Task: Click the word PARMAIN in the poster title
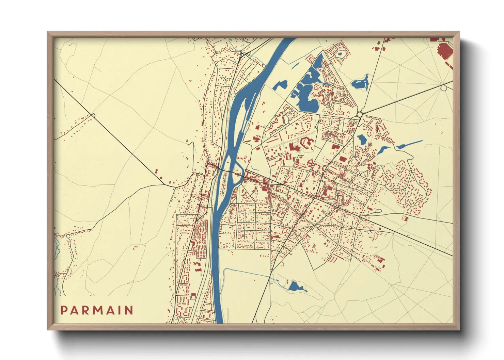click(x=97, y=310)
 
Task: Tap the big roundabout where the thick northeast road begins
click(x=360, y=115)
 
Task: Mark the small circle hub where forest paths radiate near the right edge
click(x=443, y=88)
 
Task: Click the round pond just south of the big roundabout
click(x=362, y=139)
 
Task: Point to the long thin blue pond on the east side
click(x=410, y=144)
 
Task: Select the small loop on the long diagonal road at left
click(x=93, y=116)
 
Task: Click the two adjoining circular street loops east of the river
click(x=289, y=112)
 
